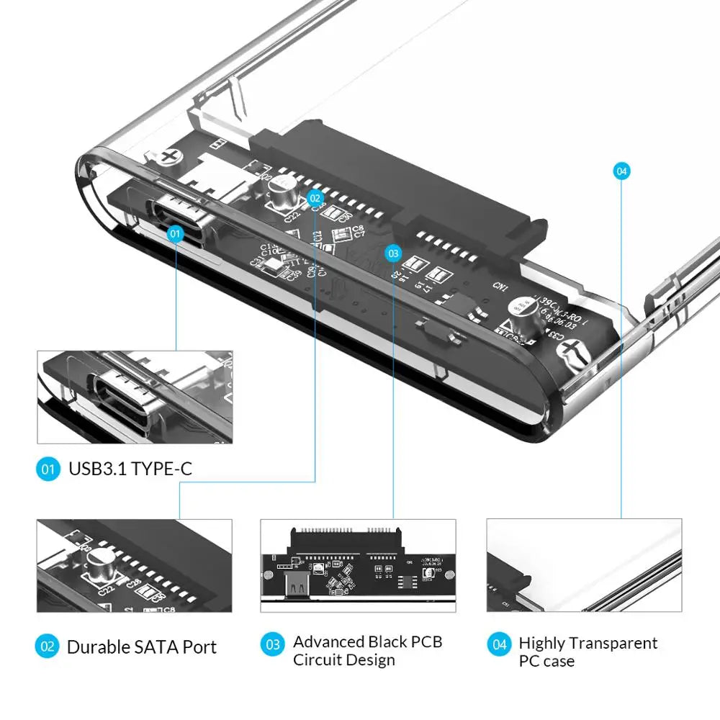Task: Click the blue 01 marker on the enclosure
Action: click(x=176, y=233)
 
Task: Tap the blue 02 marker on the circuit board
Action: click(x=315, y=197)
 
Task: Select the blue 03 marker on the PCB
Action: click(x=393, y=253)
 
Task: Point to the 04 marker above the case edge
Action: click(x=621, y=171)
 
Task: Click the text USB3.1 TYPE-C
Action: click(x=130, y=470)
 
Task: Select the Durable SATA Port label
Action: click(x=141, y=647)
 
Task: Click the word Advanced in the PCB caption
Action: click(x=328, y=642)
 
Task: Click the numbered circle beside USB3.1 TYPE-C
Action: click(x=48, y=470)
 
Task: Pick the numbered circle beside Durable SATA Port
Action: click(x=48, y=647)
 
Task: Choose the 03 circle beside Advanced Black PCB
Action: click(x=272, y=644)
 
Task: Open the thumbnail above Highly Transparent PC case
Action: click(x=584, y=565)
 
